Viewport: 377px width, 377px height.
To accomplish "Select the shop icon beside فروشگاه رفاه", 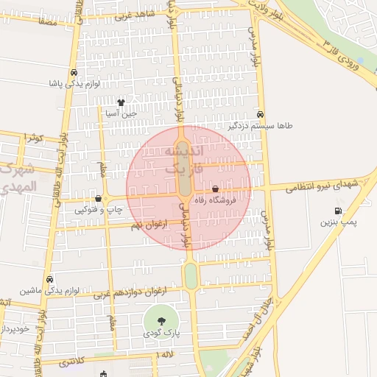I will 214,190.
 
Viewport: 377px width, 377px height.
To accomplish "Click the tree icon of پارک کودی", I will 161,321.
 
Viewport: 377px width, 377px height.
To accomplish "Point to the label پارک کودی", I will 161,334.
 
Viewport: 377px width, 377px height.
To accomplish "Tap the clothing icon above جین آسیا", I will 121,102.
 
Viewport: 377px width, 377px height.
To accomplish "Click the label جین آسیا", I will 121,113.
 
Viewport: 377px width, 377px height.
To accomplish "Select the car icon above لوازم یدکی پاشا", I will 74,73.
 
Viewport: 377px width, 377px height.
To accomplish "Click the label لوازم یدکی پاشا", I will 74,84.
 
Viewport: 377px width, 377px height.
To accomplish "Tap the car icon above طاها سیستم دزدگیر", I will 261,115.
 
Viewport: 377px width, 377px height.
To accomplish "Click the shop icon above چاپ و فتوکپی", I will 98,198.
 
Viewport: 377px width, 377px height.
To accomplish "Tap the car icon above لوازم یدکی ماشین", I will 49,280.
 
